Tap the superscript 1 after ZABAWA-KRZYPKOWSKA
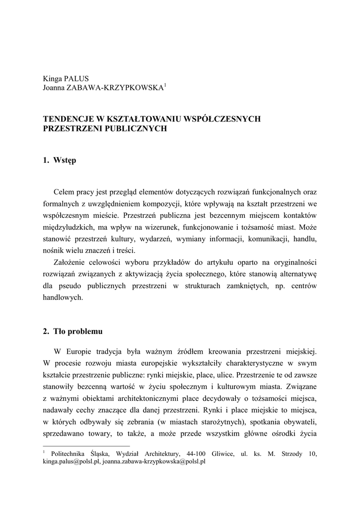click(x=165, y=85)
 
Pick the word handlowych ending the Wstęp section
click(x=63, y=298)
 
